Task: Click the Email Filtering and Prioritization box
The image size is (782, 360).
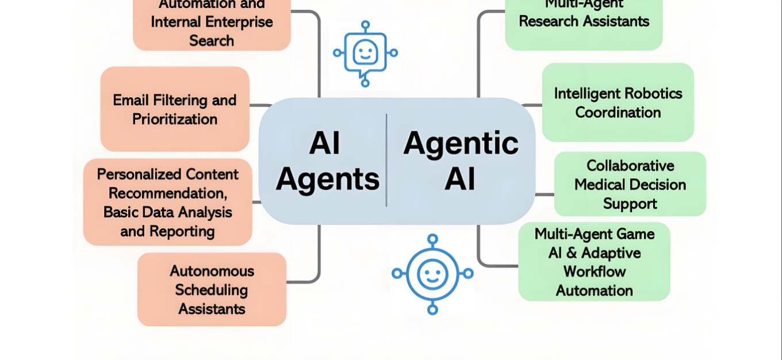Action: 175,109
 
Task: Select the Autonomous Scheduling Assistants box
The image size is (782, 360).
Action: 212,289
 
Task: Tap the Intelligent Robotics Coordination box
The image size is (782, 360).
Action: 618,102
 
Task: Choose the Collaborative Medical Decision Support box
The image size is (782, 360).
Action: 630,184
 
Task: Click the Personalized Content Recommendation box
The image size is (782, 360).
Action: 167,202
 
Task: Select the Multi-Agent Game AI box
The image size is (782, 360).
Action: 594,262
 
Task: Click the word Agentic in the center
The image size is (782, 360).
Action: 461,143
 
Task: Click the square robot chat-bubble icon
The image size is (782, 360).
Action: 365,53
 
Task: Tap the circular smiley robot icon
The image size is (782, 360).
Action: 432,274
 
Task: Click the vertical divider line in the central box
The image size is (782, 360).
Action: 386,160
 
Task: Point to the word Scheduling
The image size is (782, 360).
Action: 212,290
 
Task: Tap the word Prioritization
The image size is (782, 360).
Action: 175,119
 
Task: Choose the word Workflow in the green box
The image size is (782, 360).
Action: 595,271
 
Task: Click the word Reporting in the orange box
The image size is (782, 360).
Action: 182,231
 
